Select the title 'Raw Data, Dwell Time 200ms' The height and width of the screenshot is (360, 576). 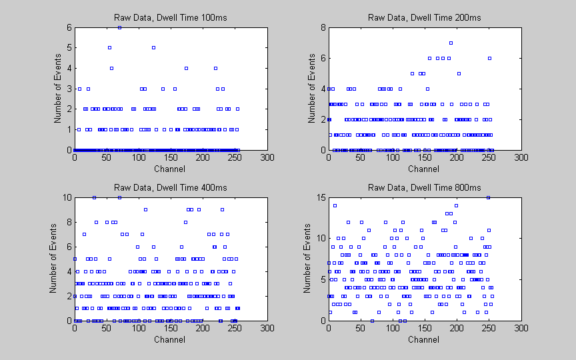pyautogui.click(x=424, y=17)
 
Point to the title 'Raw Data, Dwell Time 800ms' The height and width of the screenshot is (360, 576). pyautogui.click(x=424, y=187)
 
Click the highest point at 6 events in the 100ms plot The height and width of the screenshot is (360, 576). pyautogui.click(x=119, y=27)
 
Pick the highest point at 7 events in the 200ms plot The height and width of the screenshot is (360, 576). pyautogui.click(x=451, y=43)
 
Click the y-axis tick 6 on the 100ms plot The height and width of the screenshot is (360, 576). pyautogui.click(x=69, y=27)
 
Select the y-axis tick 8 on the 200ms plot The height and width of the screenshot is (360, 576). pyautogui.click(x=322, y=27)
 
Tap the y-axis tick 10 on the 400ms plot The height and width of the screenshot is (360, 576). pyautogui.click(x=67, y=197)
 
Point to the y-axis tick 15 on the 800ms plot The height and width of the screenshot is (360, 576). pyautogui.click(x=320, y=197)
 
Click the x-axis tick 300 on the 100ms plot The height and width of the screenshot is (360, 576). pyautogui.click(x=267, y=158)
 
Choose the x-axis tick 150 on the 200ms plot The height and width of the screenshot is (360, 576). pyautogui.click(x=425, y=158)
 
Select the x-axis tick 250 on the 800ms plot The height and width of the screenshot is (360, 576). pyautogui.click(x=489, y=328)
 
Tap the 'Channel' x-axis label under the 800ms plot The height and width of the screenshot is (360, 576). pyautogui.click(x=423, y=339)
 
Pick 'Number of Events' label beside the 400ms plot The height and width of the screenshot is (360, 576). pyautogui.click(x=54, y=259)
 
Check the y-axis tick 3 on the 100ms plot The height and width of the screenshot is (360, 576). pyautogui.click(x=69, y=89)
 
